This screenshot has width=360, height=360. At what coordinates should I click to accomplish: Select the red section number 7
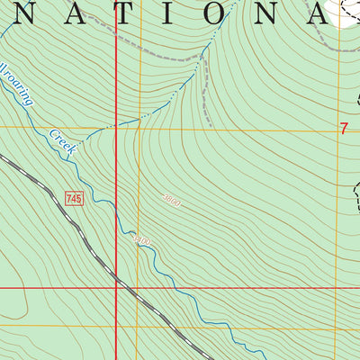pos(344,129)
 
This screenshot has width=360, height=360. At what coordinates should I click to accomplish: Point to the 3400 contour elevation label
pos(141,240)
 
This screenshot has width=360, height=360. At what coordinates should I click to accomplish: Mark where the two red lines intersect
pos(116,289)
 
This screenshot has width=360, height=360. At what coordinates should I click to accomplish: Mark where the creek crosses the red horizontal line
pos(165,289)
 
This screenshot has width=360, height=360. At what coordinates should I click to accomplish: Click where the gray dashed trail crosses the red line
pos(116,37)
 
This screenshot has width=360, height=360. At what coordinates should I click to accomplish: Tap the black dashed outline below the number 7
pos(356,193)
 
